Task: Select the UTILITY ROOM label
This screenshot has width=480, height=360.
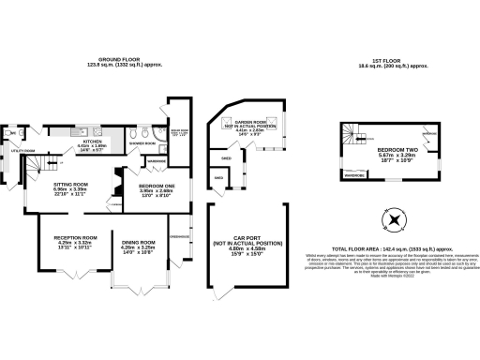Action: (x=22, y=150)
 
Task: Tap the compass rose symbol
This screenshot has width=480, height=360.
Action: (x=394, y=221)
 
